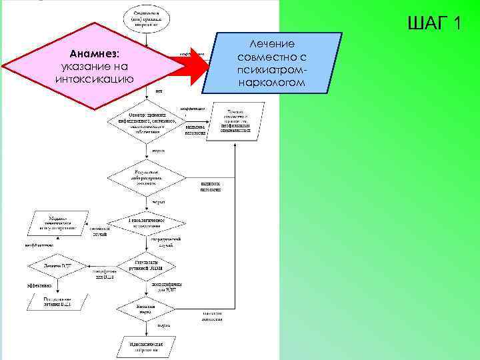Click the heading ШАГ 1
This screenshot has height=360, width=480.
coord(433,24)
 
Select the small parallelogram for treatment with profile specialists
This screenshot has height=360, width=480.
coord(233,121)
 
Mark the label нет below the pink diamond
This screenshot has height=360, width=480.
coord(159,91)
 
